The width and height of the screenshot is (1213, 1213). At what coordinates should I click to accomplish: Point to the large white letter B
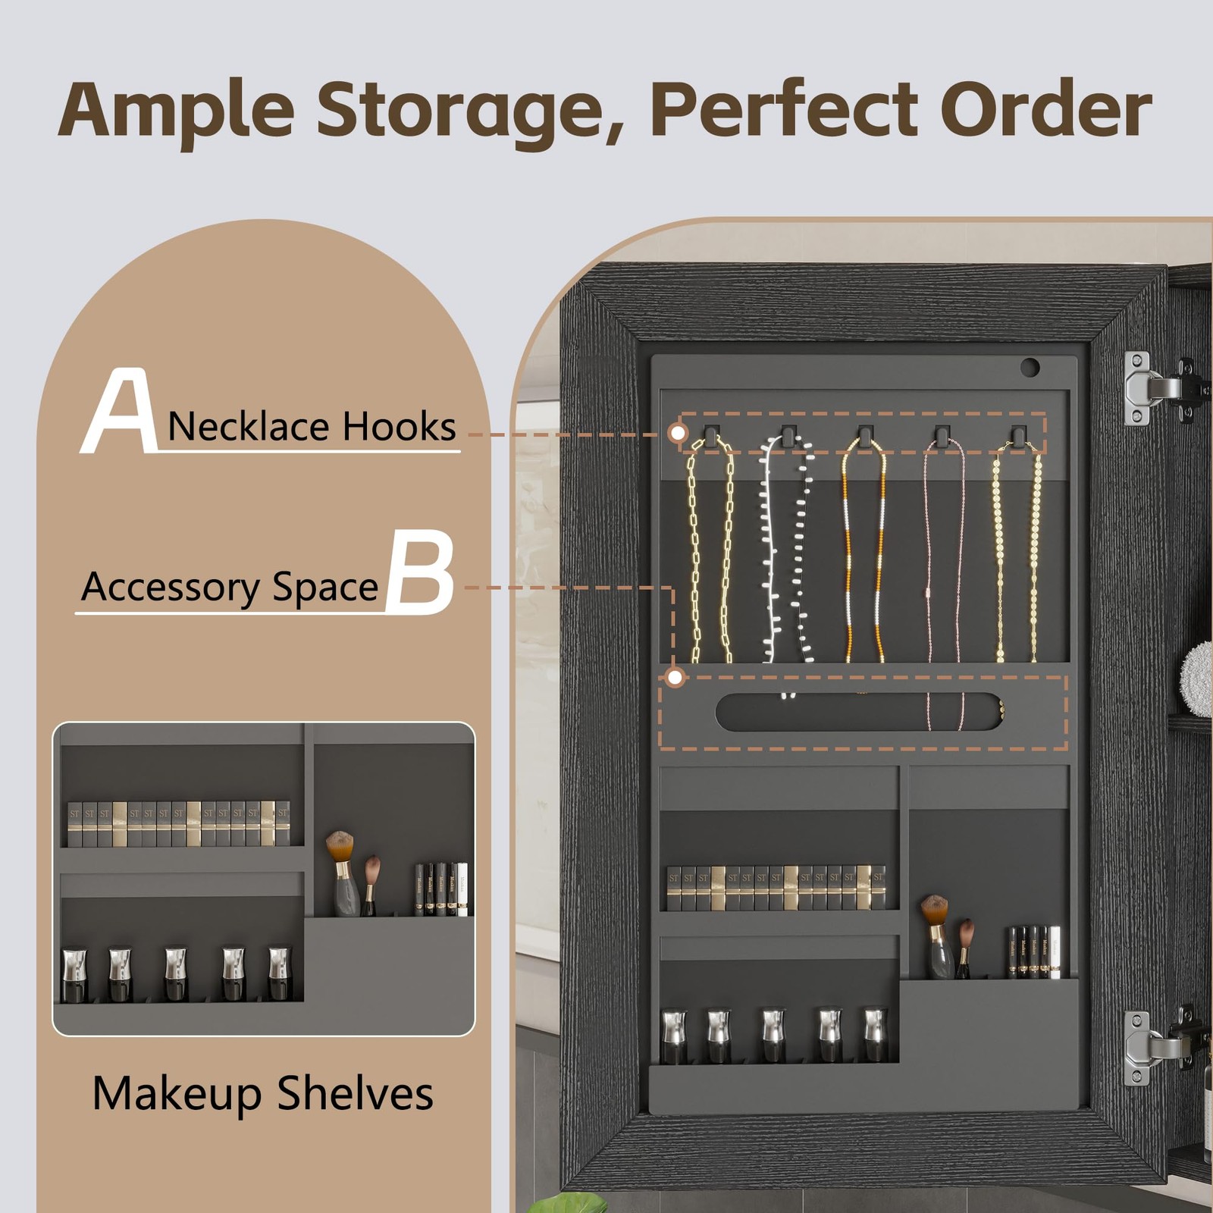(421, 572)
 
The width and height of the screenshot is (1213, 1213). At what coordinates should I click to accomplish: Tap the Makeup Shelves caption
(262, 1093)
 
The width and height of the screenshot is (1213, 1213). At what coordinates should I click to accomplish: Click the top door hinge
(1156, 387)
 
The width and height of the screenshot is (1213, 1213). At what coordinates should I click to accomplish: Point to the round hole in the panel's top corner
(1030, 368)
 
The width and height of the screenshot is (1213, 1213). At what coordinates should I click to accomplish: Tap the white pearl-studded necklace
(785, 553)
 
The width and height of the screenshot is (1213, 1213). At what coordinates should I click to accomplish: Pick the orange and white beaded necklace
(864, 553)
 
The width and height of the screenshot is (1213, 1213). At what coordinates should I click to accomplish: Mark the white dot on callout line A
(679, 433)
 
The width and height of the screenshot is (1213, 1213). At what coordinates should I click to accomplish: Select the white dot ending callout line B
(675, 677)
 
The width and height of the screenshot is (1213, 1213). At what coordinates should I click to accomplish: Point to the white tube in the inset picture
(462, 889)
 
